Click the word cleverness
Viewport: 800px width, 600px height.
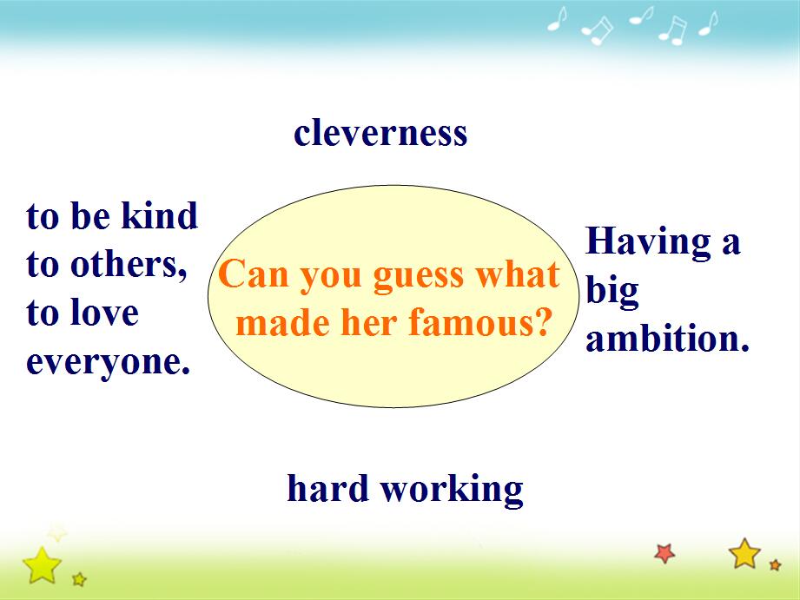pos(380,133)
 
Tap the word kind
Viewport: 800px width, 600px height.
pos(159,214)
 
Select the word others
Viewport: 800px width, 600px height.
pos(128,264)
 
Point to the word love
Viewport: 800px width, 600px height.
pos(104,313)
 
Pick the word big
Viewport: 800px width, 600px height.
pos(612,291)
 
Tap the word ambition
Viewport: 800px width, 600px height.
pos(667,339)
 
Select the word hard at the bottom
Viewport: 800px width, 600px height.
pos(328,488)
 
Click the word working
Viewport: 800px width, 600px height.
pos(452,490)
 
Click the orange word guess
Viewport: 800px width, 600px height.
pos(420,277)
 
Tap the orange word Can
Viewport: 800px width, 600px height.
pos(255,274)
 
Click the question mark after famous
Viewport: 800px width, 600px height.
pos(541,322)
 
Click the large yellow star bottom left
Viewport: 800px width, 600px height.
pos(42,565)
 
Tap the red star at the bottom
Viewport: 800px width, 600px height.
pos(664,553)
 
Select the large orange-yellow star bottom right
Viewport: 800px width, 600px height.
pos(745,554)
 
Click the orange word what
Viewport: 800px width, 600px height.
pos(518,274)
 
